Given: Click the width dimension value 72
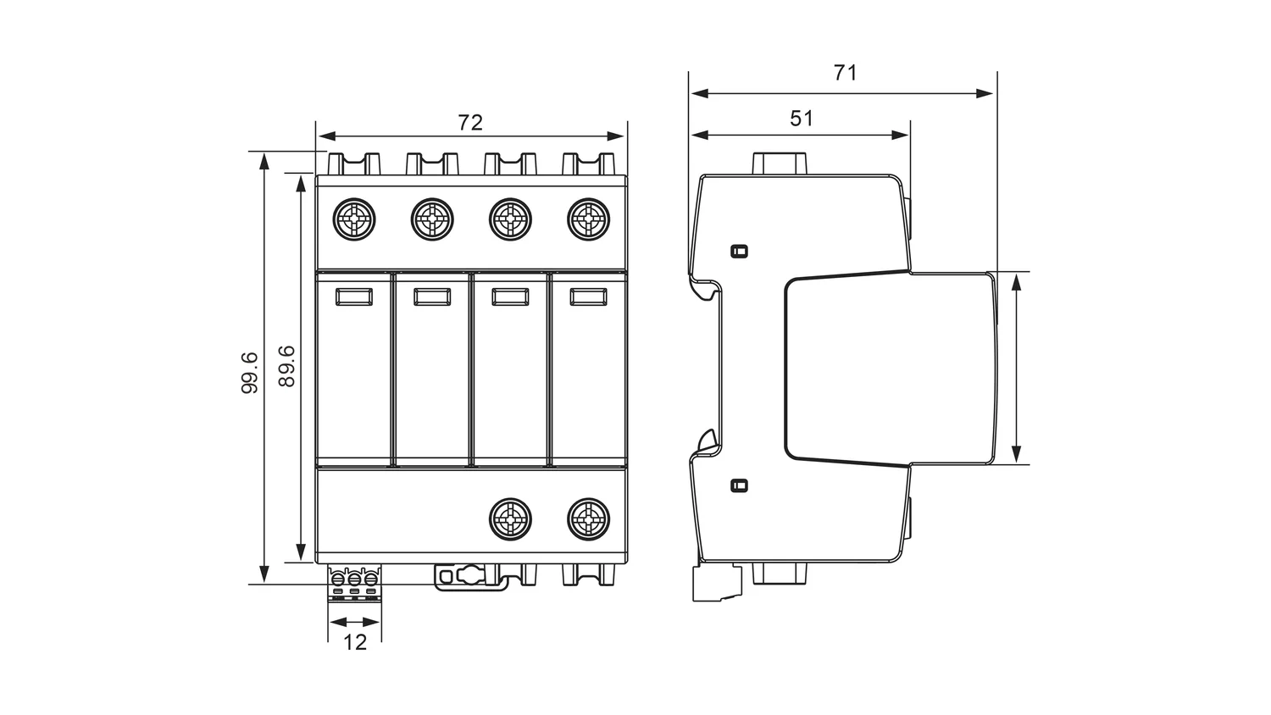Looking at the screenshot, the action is pyautogui.click(x=470, y=123).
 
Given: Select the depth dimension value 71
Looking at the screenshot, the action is pyautogui.click(x=845, y=73).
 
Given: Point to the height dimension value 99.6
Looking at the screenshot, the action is pyautogui.click(x=250, y=373).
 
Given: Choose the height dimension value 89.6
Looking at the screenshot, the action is pyautogui.click(x=287, y=366).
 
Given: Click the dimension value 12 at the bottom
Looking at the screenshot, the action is pyautogui.click(x=355, y=642).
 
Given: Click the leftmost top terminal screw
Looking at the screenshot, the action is pyautogui.click(x=354, y=219).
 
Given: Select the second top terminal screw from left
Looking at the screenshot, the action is pyautogui.click(x=432, y=219).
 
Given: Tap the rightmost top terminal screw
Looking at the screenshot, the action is pyautogui.click(x=588, y=219).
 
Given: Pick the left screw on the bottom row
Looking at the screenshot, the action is pyautogui.click(x=510, y=519).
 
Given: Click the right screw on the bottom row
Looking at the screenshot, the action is pyautogui.click(x=588, y=519).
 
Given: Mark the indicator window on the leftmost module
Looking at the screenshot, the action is pyautogui.click(x=354, y=297).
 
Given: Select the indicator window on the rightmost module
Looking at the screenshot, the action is pyautogui.click(x=588, y=297).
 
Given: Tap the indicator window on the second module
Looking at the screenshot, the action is pyautogui.click(x=432, y=297).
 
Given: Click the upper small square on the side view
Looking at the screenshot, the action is pyautogui.click(x=739, y=251).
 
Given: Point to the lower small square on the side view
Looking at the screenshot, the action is pyautogui.click(x=739, y=485).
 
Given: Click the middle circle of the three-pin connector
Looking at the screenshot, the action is pyautogui.click(x=354, y=579).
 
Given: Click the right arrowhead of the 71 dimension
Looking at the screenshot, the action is pyautogui.click(x=985, y=94).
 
